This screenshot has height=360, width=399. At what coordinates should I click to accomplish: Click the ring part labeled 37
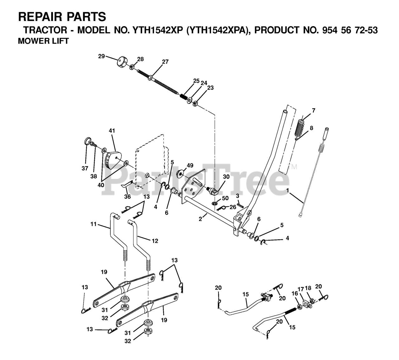click(x=88, y=141)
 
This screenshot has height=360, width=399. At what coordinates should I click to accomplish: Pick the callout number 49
click(x=190, y=165)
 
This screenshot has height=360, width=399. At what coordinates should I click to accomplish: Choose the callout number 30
click(x=226, y=177)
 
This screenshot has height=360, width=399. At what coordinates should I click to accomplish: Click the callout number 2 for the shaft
click(x=201, y=219)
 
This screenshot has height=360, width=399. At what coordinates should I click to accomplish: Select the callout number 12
click(x=155, y=241)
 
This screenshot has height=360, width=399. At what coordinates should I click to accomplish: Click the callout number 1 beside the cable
click(x=287, y=190)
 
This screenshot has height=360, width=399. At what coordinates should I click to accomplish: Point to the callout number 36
click(x=127, y=197)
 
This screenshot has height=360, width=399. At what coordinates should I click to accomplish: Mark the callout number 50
click(x=225, y=198)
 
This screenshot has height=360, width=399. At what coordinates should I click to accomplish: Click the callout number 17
click(x=301, y=289)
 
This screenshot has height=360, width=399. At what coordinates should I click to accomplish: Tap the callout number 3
click(x=238, y=196)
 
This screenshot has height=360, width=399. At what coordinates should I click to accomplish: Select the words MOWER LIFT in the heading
click(x=43, y=41)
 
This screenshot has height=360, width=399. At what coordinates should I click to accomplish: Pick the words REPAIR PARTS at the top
click(x=62, y=16)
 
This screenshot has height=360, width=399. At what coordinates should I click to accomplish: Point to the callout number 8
click(x=311, y=128)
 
